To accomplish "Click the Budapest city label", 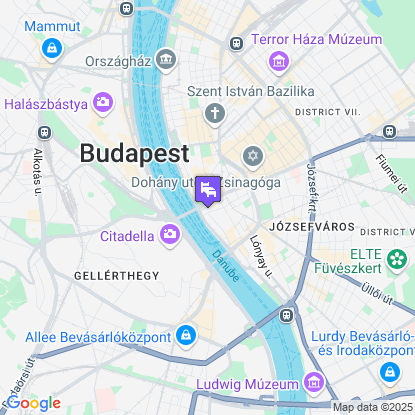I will (133, 153).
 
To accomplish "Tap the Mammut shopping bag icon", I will (51, 46).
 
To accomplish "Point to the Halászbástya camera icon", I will (103, 102).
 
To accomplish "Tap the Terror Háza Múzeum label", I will (317, 39).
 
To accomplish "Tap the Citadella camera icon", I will (170, 236).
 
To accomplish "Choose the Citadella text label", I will (127, 237).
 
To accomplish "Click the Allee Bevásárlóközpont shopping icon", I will (185, 334).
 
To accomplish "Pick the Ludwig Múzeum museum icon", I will (314, 383).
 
